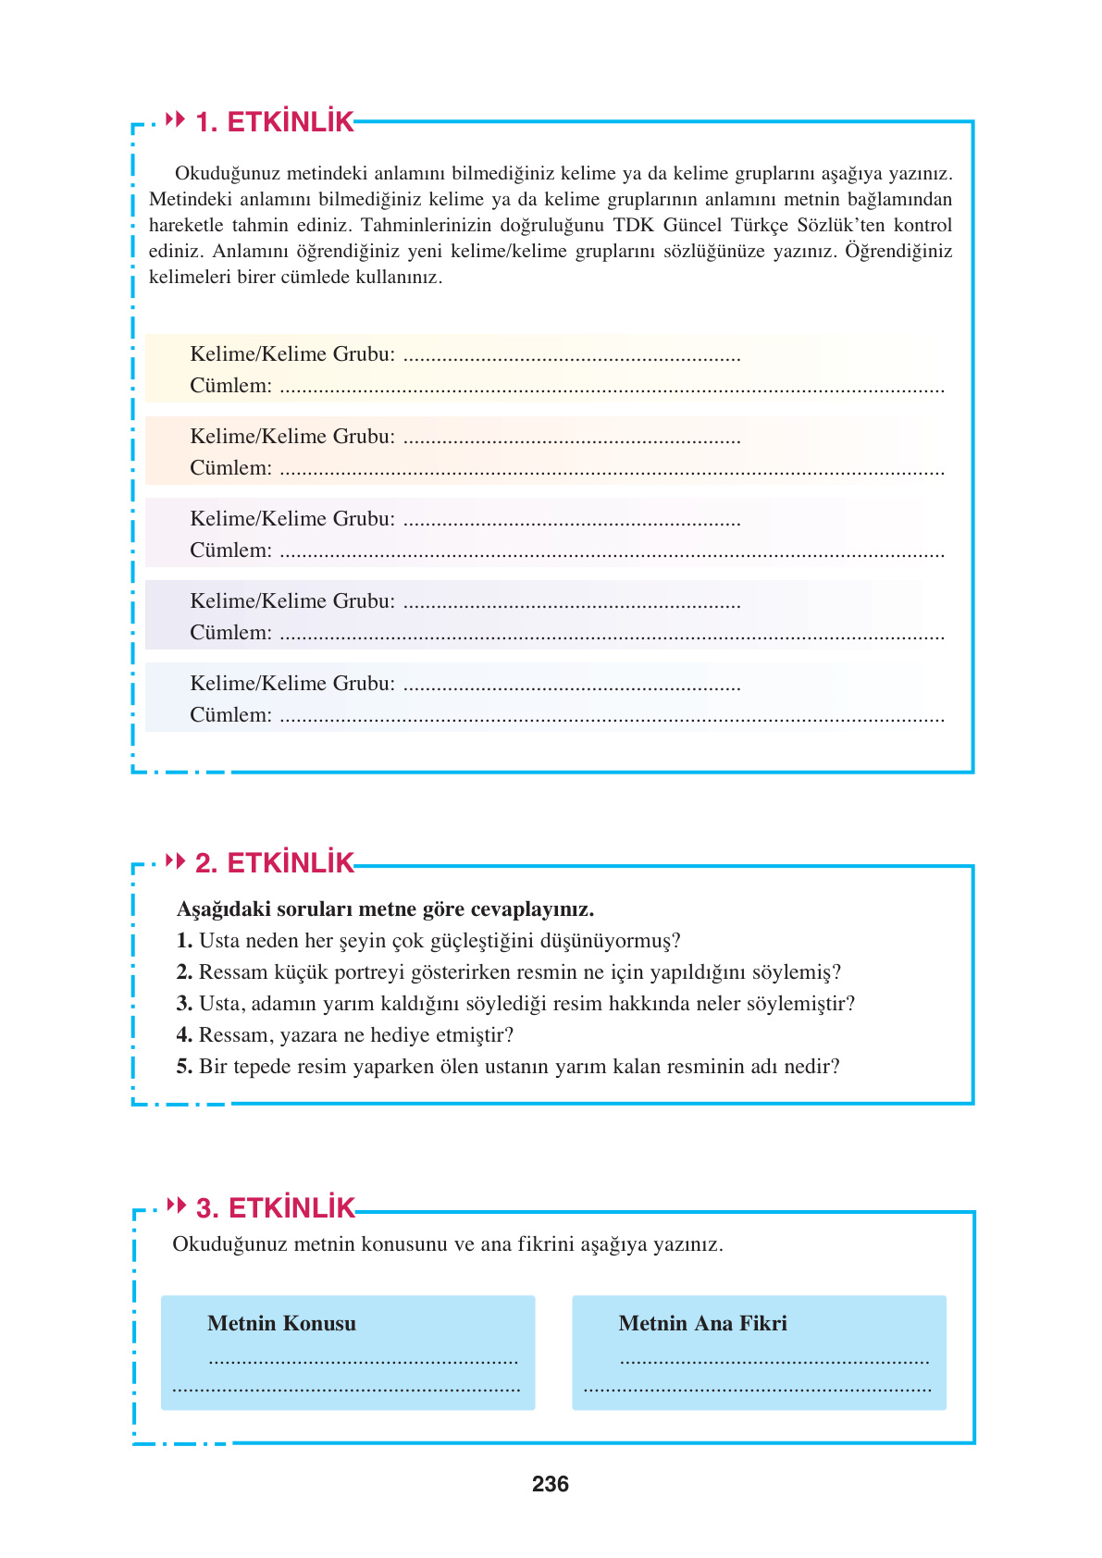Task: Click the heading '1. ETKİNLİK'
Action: click(x=274, y=122)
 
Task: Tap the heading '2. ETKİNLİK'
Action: click(x=274, y=863)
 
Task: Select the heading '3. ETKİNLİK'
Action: click(x=275, y=1208)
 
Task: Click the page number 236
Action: click(x=551, y=1484)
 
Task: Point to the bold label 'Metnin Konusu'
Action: click(x=281, y=1324)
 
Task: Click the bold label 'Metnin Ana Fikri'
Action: click(x=702, y=1324)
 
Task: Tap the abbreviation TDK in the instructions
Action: click(x=634, y=226)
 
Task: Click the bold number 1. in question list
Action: click(x=184, y=941)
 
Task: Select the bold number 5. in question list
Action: click(x=184, y=1067)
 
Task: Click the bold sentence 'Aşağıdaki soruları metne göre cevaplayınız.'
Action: click(x=385, y=909)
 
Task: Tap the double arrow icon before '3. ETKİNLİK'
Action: click(x=176, y=1205)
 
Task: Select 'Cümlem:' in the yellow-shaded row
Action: click(x=230, y=386)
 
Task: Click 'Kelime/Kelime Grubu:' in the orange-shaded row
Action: click(x=292, y=437)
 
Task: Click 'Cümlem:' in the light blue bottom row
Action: click(x=230, y=715)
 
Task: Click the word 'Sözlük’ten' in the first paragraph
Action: click(x=840, y=226)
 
